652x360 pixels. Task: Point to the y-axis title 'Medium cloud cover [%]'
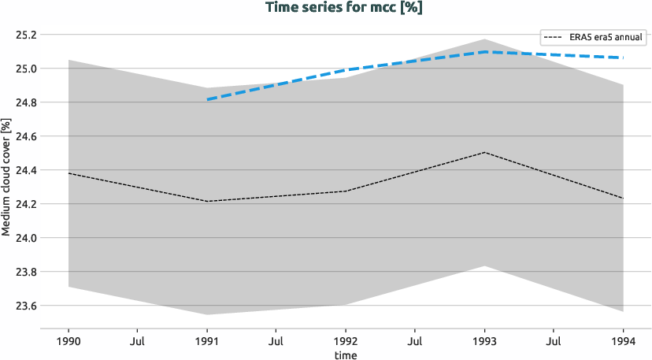coord(6,176)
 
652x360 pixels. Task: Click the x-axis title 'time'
coord(346,355)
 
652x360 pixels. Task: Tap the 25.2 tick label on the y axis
coord(26,35)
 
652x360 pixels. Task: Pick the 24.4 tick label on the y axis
coord(26,170)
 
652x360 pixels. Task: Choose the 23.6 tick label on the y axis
coord(26,306)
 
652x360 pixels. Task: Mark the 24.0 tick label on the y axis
coord(26,238)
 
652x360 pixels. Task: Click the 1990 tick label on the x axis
coord(69,342)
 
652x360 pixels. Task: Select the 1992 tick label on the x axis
coord(346,342)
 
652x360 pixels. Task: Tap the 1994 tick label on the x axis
coord(624,342)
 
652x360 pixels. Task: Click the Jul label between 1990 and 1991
coord(138,342)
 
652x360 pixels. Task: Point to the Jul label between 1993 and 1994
coord(554,342)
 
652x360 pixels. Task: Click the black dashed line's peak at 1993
coord(485,152)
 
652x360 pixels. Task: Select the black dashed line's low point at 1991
coord(207,202)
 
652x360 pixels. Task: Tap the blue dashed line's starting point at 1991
coord(207,100)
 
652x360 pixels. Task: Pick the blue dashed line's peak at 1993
coord(485,52)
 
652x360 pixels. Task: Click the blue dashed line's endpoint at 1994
coord(624,58)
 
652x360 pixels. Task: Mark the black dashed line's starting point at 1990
coord(69,173)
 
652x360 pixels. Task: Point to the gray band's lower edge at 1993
coord(485,265)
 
